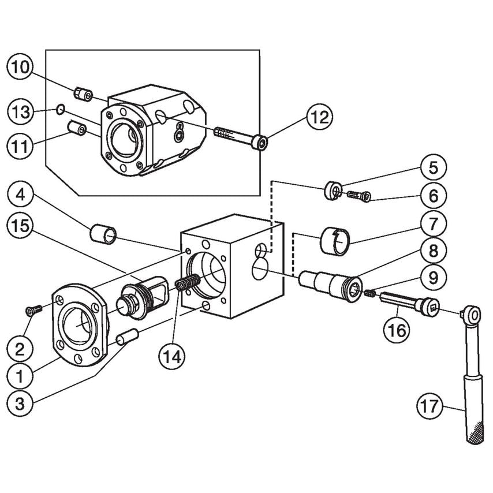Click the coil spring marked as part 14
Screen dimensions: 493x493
(x=187, y=285)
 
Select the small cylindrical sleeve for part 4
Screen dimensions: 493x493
(x=103, y=234)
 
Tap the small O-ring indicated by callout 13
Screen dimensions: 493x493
(x=61, y=109)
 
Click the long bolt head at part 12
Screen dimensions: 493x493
(x=262, y=142)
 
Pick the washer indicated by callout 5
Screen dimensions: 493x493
(x=334, y=191)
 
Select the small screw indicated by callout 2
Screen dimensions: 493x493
(x=32, y=311)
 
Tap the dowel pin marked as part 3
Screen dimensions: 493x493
(x=126, y=337)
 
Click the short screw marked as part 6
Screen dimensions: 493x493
(x=358, y=197)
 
